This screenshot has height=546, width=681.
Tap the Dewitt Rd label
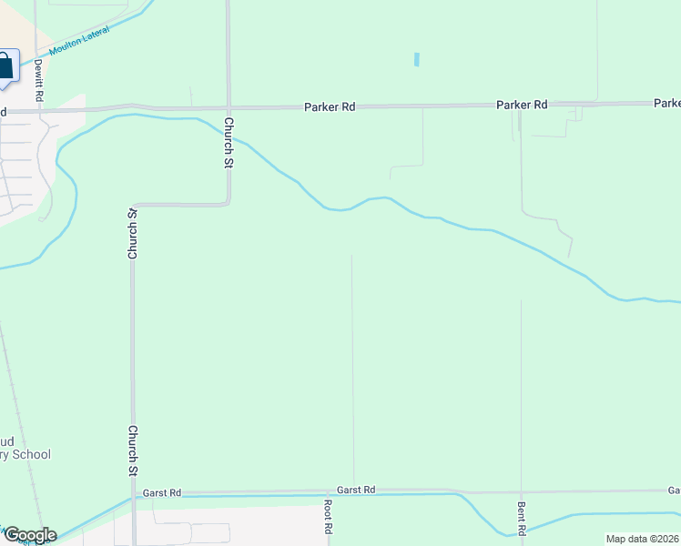pos(39,80)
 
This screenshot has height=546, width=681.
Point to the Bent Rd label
pos(522,518)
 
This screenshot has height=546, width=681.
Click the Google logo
pos(29,535)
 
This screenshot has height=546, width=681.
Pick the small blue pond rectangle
pos(417,59)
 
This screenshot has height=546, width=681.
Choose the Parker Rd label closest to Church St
pos(329,106)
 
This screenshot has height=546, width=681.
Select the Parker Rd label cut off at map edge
pos(666,103)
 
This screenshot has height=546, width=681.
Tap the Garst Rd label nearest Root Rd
pos(356,490)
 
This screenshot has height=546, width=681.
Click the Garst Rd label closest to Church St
pos(162,493)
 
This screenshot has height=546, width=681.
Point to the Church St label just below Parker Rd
pos(229,144)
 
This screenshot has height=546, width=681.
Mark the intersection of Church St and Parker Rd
pos(228,107)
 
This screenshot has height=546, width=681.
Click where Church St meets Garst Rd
pos(133,495)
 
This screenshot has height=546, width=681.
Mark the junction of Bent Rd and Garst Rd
pos(521,491)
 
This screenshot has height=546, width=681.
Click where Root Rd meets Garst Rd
pos(328,493)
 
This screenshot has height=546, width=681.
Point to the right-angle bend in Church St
pos(227,204)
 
